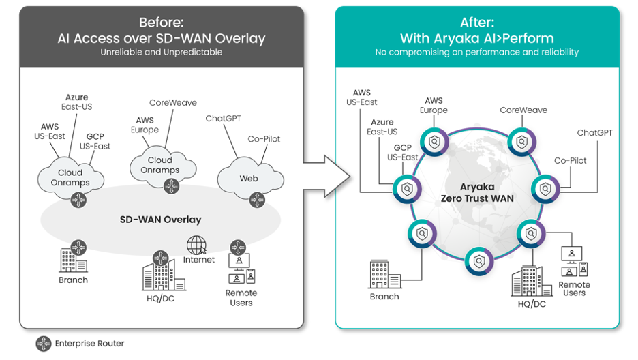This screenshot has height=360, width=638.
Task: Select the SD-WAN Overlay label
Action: pos(161,220)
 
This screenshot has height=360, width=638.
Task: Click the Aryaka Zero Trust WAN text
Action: pos(476,192)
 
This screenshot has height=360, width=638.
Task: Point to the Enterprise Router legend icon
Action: pos(44,344)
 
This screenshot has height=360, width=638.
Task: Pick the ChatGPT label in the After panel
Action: pos(594,133)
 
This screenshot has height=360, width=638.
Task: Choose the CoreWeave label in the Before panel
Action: pos(173,103)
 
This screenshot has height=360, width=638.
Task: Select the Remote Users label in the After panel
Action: pos(574,288)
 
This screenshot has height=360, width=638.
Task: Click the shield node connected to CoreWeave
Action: pos(521,142)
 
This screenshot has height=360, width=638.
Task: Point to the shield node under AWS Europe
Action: pos(434,142)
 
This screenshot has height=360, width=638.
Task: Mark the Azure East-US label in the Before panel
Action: pos(76,102)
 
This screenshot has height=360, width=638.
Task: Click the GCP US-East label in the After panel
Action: pos(403,153)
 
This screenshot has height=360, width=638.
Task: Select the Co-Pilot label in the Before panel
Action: pos(264,139)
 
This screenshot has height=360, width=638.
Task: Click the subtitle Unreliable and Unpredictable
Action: pos(161,52)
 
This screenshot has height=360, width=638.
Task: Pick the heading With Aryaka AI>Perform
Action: pos(476,38)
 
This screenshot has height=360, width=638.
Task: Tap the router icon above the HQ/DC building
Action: pos(160,259)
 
